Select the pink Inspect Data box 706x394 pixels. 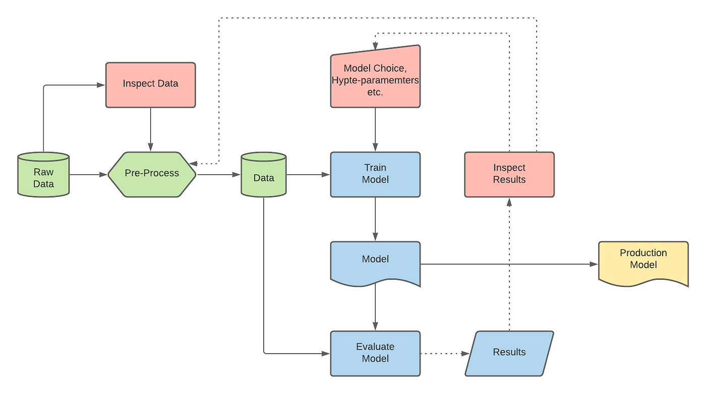point(150,85)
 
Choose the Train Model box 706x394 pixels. point(375,174)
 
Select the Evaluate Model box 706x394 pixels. point(375,353)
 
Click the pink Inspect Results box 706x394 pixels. point(509,174)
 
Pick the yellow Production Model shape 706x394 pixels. point(643,263)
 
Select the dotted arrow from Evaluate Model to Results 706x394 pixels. point(441,354)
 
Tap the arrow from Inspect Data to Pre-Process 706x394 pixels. point(150,129)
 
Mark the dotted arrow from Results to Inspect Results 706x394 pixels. point(509,263)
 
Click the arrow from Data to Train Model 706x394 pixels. point(308,175)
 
